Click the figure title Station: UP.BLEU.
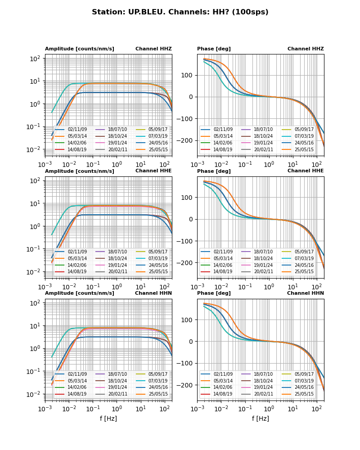click(x=180, y=12)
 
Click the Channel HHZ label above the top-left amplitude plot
click(x=153, y=49)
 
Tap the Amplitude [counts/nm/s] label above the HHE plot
click(x=80, y=171)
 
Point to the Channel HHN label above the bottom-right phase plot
click(x=306, y=293)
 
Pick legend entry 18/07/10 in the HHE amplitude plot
click(x=117, y=252)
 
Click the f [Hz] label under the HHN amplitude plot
click(x=108, y=418)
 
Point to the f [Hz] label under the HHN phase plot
click(x=261, y=418)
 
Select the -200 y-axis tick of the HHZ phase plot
click(x=187, y=140)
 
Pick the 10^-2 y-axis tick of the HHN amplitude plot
click(x=35, y=394)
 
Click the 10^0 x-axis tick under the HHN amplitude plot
click(x=117, y=409)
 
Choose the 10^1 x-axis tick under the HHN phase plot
click(x=293, y=409)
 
